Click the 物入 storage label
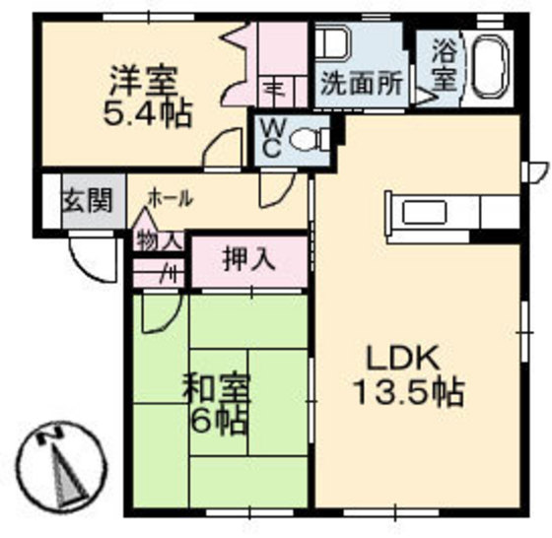click(x=159, y=240)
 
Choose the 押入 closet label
click(x=248, y=259)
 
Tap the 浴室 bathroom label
click(x=443, y=65)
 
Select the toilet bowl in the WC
click(x=310, y=138)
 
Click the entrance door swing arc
click(x=94, y=261)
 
